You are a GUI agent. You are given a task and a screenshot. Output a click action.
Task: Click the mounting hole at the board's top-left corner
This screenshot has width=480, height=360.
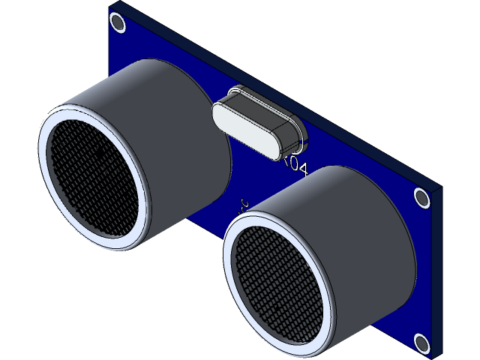pos(118,23)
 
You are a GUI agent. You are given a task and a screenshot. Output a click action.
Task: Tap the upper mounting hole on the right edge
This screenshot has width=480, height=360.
pos(422,198)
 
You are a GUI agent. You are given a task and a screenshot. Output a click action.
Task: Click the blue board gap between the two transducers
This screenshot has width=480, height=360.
pos(217,210)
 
